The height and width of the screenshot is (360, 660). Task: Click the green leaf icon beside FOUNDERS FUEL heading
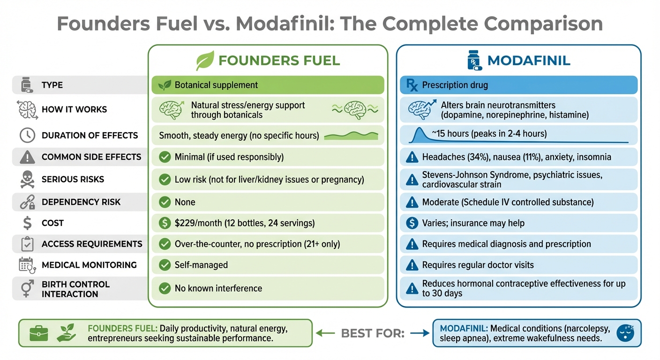(x=204, y=61)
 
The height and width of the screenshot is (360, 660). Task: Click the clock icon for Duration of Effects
(x=27, y=135)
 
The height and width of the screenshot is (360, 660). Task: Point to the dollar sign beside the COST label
(x=28, y=223)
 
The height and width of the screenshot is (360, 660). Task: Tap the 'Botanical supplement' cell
(x=267, y=85)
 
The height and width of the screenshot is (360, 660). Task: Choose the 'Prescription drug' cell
(x=518, y=85)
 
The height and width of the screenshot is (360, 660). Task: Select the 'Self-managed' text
(x=201, y=265)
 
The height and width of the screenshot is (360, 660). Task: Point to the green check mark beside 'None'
(x=165, y=202)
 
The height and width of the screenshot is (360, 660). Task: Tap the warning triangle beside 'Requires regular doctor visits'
(x=412, y=265)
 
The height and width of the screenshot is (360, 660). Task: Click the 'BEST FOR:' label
(x=373, y=333)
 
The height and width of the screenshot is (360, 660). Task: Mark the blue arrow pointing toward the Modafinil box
(x=419, y=333)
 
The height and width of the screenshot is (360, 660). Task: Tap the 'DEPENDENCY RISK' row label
(x=81, y=202)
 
